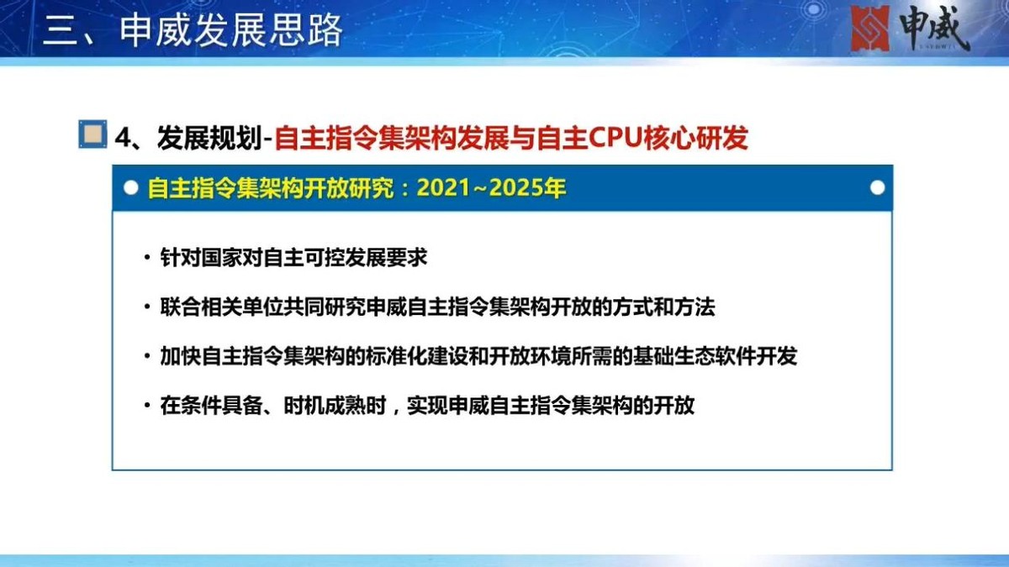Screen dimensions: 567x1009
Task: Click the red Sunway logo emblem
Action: coord(871,28)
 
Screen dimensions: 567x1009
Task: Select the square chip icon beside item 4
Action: coord(92,134)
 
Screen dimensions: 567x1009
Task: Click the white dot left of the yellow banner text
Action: coord(130,187)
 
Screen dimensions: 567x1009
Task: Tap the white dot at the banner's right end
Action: coord(877,187)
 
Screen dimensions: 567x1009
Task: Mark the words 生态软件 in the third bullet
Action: coord(706,356)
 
